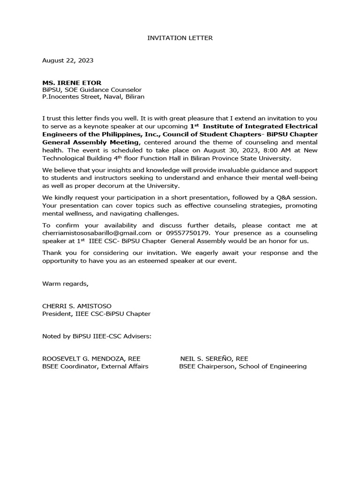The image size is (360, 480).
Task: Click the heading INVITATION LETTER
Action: point(180,37)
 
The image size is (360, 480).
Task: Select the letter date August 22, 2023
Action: point(67,60)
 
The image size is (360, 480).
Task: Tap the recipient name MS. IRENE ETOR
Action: point(71,82)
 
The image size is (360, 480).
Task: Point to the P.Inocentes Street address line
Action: point(93,97)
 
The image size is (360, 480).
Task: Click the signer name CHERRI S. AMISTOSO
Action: point(77,306)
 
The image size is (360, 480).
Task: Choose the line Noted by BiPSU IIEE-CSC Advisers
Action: point(97,336)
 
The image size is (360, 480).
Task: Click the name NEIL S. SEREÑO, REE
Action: point(214,359)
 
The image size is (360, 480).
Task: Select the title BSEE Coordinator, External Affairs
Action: point(95,367)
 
